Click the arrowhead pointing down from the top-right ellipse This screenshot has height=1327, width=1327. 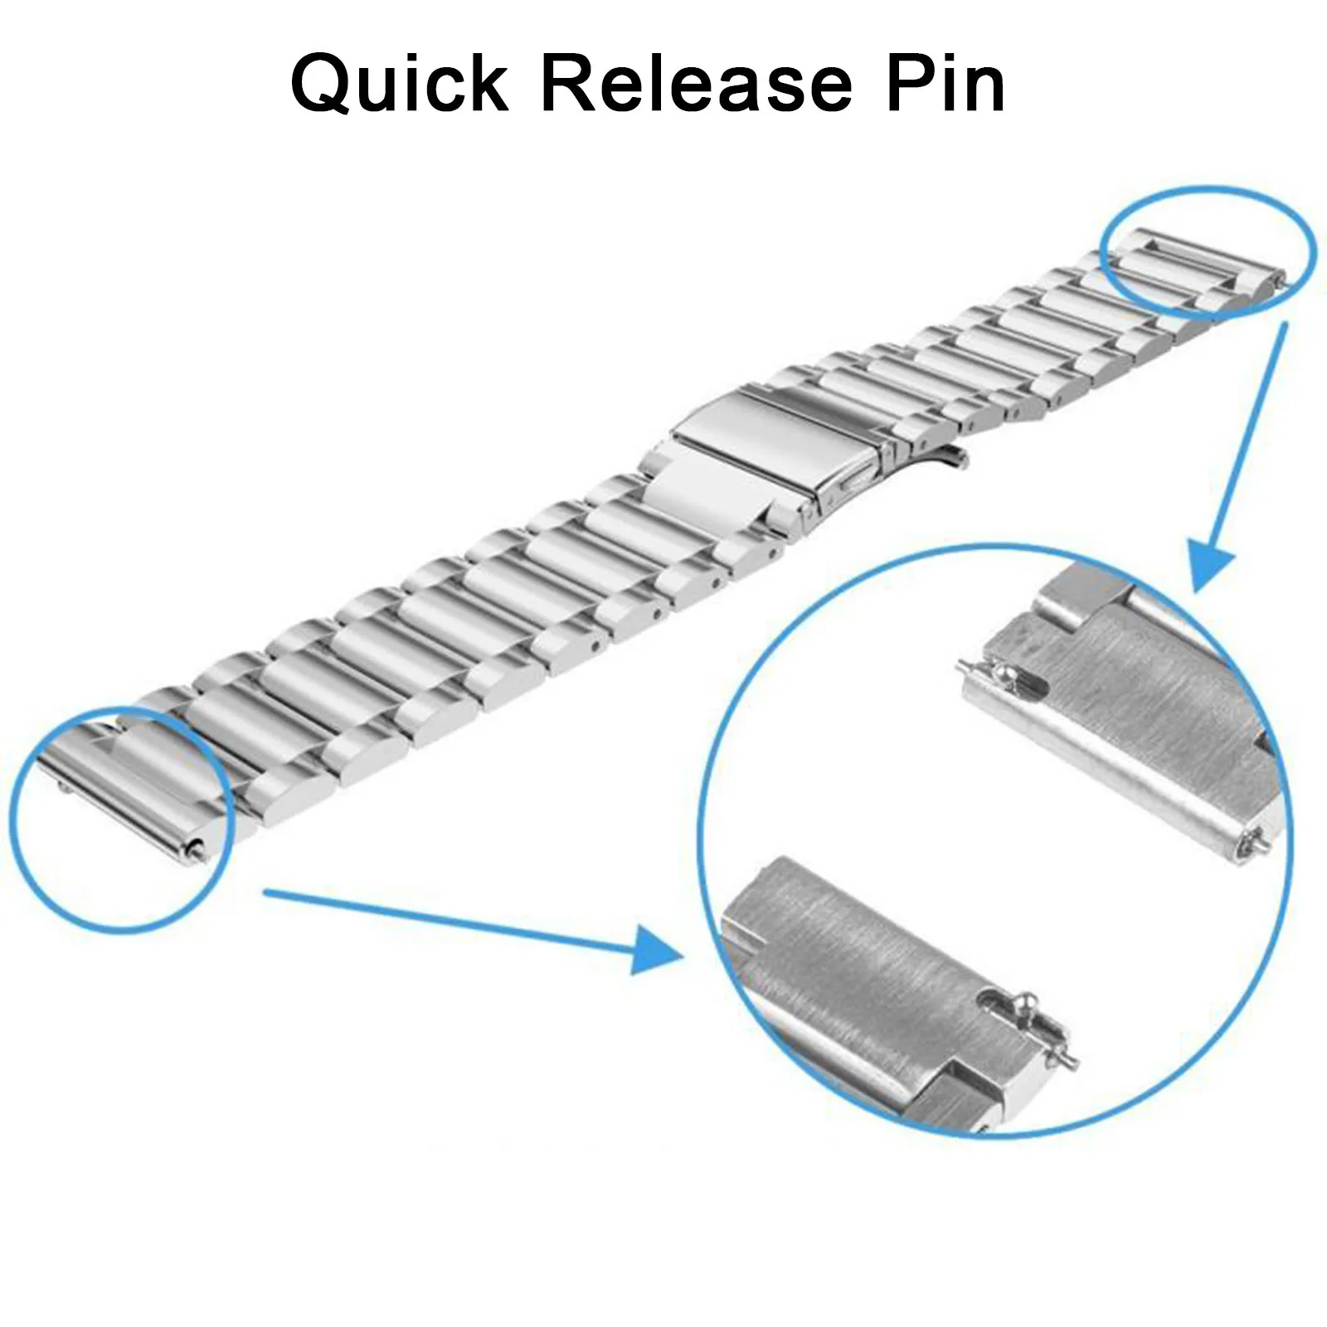tap(1213, 564)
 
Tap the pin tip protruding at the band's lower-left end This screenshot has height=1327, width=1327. tap(196, 846)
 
